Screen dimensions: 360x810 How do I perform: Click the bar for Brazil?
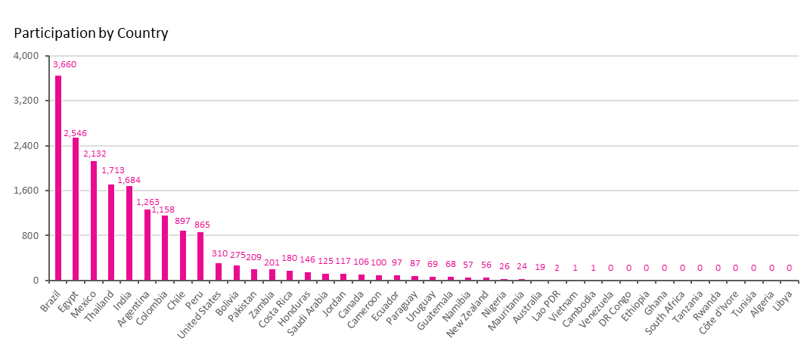58,178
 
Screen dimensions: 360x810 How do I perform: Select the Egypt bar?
76,209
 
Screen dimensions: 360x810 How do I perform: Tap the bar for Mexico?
94,220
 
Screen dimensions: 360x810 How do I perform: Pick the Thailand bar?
111,232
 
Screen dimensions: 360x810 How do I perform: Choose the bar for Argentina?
147,244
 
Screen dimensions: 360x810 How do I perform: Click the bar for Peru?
200,256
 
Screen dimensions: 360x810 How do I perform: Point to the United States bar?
219,272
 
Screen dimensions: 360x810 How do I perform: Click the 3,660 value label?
64,64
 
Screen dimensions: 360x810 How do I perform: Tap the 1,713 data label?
113,170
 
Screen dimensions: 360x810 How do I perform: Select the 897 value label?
183,220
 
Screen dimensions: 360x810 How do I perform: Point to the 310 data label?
219,253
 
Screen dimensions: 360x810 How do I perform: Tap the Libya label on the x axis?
784,296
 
